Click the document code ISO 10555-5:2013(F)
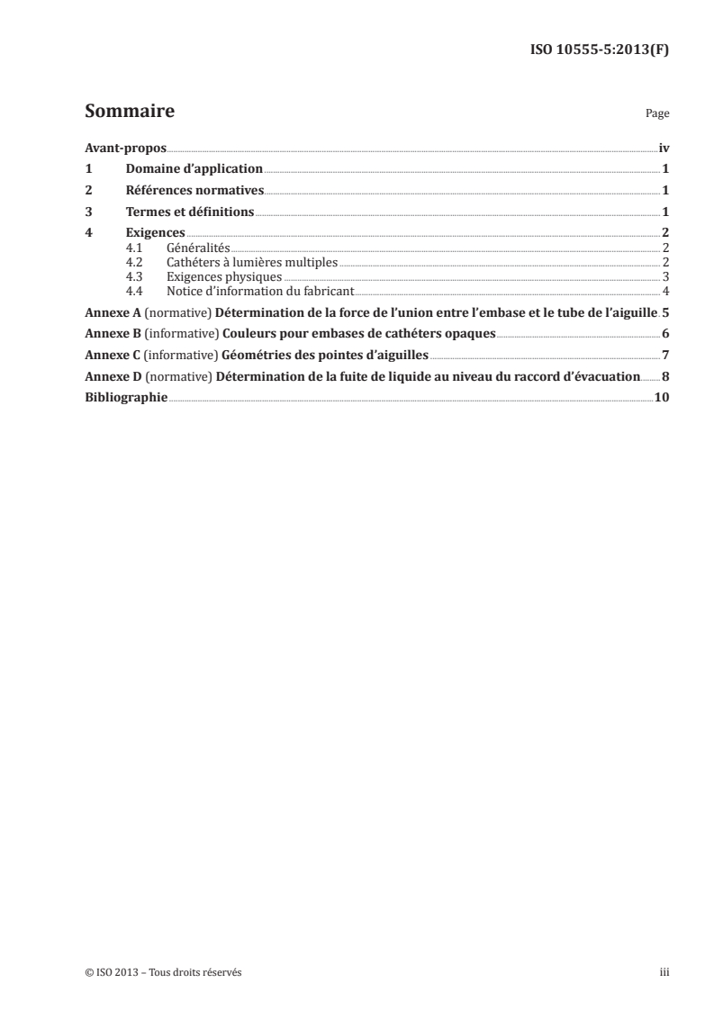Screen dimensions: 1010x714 pyautogui.click(x=595, y=50)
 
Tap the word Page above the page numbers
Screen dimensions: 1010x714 pyautogui.click(x=657, y=115)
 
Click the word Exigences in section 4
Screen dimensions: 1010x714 pyautogui.click(x=149, y=234)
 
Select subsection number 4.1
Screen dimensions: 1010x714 pyautogui.click(x=135, y=248)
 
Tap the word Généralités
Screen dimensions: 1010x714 pyautogui.click(x=199, y=248)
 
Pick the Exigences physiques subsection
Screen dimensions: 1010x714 pyautogui.click(x=224, y=277)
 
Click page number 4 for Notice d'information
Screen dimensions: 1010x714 pyautogui.click(x=664, y=292)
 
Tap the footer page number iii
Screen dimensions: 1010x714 pyautogui.click(x=664, y=972)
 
